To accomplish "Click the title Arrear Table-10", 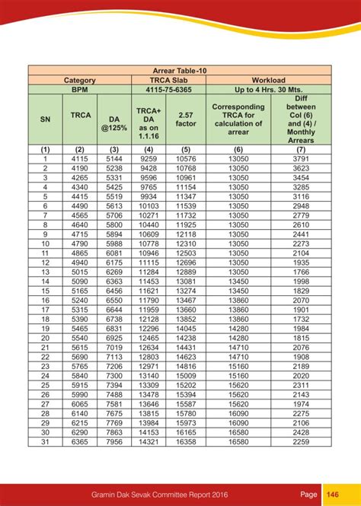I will [180, 70].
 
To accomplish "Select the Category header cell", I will [79, 80].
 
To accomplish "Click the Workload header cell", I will [269, 80].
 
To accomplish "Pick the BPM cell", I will [79, 89].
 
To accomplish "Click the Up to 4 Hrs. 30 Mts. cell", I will [269, 89].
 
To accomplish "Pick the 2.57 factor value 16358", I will [186, 441].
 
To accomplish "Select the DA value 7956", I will [114, 441].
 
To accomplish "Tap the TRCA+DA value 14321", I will [149, 441].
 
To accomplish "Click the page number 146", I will [333, 493].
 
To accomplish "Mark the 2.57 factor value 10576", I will [186, 159].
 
